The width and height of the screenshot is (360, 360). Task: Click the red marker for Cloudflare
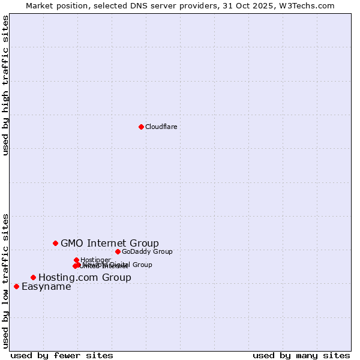141,127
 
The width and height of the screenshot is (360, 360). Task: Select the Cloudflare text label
161,127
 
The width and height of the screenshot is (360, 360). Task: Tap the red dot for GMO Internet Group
55,243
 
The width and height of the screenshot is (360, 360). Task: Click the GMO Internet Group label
110,243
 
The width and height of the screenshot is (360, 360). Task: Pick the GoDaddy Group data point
118,251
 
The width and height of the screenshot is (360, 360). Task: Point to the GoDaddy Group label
147,251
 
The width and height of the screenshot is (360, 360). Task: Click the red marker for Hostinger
76,260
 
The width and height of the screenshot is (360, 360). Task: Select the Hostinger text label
95,260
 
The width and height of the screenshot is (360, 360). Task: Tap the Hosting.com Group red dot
33,277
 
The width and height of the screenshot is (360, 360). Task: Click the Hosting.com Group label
85,277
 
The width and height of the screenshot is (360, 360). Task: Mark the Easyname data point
16,286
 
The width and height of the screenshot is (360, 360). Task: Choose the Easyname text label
46,286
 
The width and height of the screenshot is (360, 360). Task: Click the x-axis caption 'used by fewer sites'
62,355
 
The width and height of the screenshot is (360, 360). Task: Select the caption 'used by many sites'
301,355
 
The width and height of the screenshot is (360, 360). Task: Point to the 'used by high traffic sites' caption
6,85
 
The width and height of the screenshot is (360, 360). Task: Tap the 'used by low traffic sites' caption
6,280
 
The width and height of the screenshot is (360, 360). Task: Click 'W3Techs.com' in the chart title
310,5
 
